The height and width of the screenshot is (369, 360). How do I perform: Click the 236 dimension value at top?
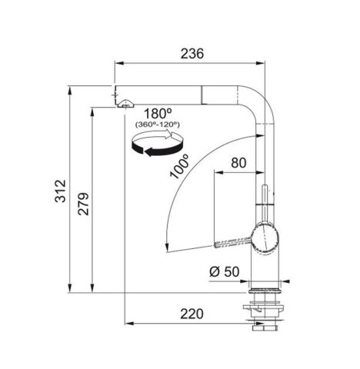click(x=192, y=54)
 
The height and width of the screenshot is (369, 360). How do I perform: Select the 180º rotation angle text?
click(x=156, y=112)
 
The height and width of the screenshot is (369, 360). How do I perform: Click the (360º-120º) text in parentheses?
click(x=156, y=125)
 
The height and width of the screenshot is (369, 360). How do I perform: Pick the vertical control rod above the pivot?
click(x=265, y=203)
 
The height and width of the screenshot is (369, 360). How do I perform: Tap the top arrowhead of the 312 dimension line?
click(x=72, y=86)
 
